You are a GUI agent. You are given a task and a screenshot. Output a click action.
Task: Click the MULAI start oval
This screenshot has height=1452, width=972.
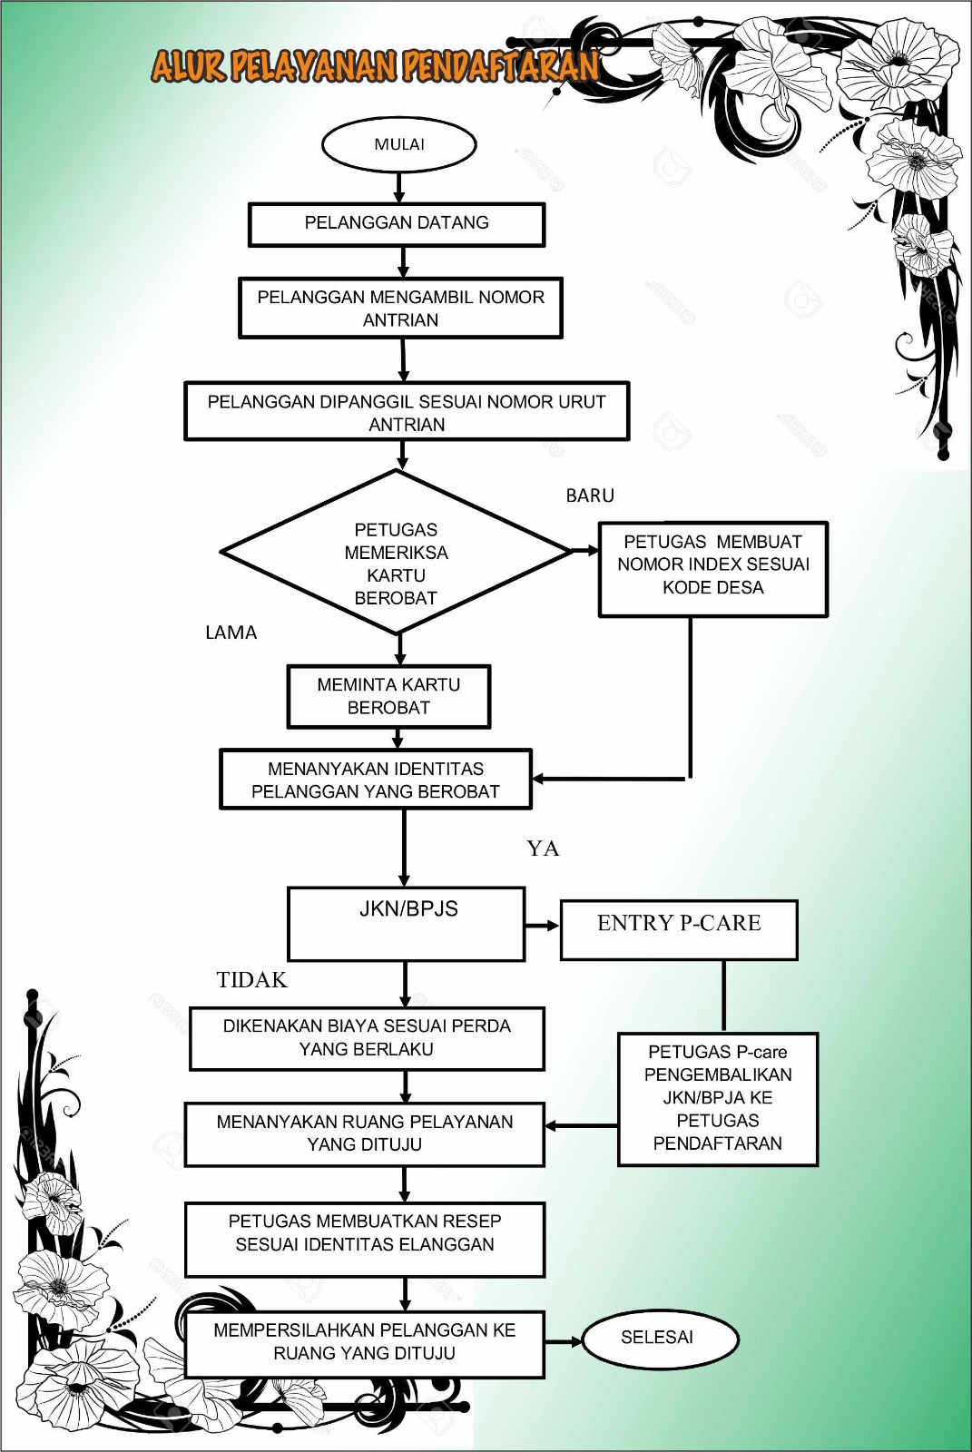[x=399, y=144]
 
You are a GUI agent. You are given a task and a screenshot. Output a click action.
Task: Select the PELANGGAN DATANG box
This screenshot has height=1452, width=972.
[x=397, y=223]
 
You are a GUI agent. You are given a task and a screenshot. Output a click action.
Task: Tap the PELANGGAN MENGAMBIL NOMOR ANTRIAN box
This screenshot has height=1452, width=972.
[x=400, y=309]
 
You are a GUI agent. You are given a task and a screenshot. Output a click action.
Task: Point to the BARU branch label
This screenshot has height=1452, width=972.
[x=590, y=495]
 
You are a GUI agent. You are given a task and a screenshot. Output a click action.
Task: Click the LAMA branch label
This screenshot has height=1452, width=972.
[x=231, y=633]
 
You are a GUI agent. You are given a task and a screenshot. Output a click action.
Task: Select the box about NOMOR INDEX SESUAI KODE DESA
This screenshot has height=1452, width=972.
[x=712, y=568]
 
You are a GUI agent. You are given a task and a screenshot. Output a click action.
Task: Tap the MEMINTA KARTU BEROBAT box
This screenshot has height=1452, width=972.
[x=388, y=696]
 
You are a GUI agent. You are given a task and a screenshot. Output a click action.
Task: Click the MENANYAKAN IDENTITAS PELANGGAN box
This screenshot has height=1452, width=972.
[x=375, y=780]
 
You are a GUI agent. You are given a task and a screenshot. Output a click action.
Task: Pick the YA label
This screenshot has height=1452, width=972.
[x=543, y=849]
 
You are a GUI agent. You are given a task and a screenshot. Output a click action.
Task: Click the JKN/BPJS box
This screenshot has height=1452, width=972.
[x=406, y=923]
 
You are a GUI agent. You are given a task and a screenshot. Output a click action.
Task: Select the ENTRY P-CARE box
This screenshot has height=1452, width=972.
[x=679, y=929]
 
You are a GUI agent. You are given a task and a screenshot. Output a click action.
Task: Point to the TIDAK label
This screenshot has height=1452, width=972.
[x=251, y=980]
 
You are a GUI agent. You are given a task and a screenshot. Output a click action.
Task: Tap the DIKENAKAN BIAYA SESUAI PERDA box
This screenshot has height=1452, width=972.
[x=367, y=1038]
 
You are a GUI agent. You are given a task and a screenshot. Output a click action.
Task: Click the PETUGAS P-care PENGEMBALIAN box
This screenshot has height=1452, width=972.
[x=718, y=1098]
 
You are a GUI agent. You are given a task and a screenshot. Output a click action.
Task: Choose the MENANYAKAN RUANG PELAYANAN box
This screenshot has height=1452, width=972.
[x=364, y=1133]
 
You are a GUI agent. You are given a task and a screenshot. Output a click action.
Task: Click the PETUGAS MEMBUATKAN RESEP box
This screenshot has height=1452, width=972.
[x=364, y=1239]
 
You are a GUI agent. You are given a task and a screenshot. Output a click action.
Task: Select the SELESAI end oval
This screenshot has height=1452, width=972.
[x=657, y=1338]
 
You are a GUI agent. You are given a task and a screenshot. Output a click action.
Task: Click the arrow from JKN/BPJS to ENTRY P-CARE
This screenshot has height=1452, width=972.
[x=543, y=926]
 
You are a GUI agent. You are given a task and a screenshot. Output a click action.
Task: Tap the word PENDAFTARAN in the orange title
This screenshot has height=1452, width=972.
[x=500, y=66]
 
